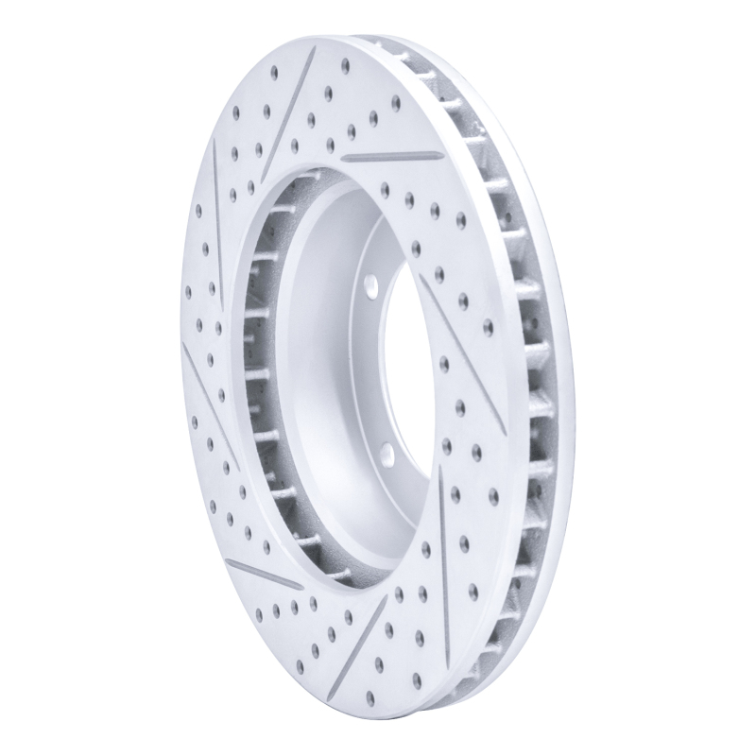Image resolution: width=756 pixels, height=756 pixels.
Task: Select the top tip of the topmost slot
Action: [313, 52]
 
